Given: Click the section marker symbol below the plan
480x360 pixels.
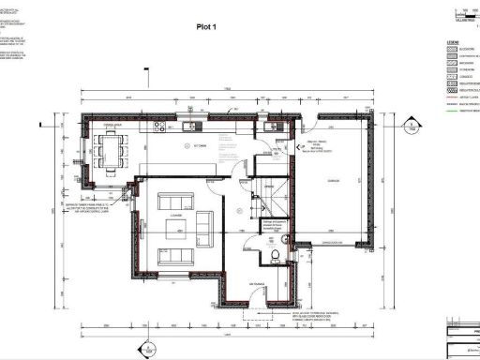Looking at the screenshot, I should [x=145, y=349].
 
